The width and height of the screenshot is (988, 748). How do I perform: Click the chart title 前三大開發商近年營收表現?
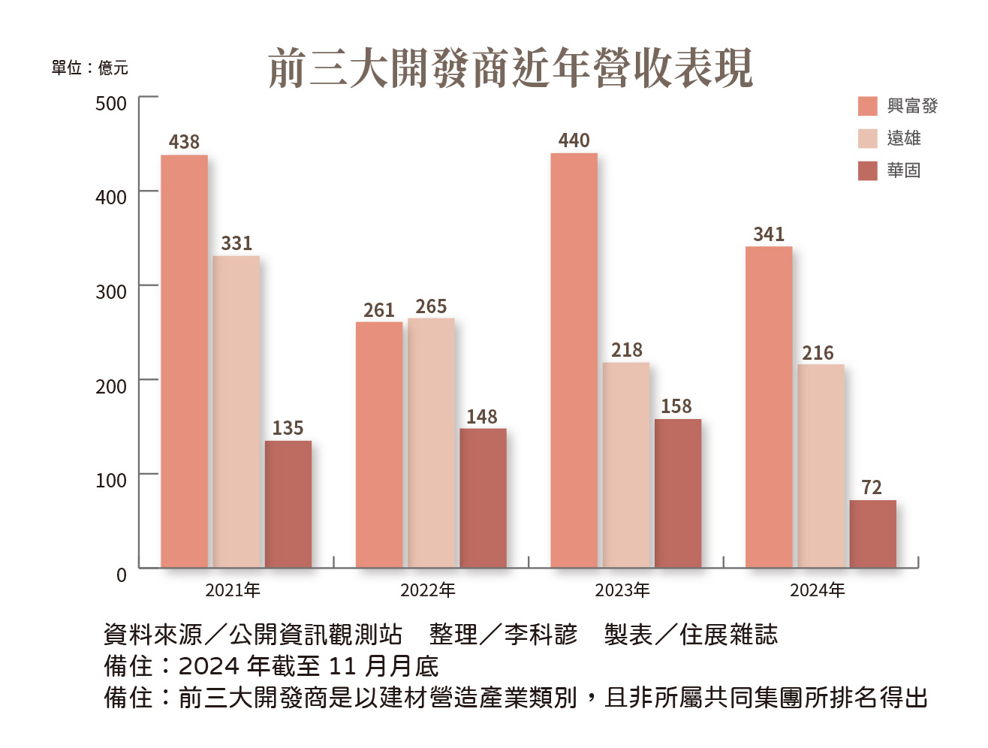(x=510, y=68)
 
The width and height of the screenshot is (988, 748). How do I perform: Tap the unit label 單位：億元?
(x=89, y=68)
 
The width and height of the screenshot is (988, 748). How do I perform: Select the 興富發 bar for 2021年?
(x=184, y=360)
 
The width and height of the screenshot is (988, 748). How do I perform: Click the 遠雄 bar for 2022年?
(x=431, y=442)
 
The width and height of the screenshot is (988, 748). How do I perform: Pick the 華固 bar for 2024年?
(x=872, y=533)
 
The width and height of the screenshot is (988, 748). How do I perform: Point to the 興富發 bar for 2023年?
(x=574, y=360)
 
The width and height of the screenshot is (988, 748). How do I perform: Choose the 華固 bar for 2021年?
(x=288, y=503)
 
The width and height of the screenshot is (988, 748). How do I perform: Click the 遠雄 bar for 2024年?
(x=821, y=466)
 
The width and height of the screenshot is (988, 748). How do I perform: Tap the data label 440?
(x=574, y=140)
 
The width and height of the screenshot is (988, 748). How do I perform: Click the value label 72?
(x=872, y=487)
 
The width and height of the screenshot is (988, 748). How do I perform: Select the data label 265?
(x=431, y=306)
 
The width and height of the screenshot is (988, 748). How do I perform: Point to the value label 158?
(x=676, y=406)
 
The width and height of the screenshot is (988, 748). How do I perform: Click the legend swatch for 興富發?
(x=867, y=106)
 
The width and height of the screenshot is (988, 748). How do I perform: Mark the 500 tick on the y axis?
(x=111, y=103)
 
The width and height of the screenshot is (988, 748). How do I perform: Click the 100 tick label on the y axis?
(x=111, y=480)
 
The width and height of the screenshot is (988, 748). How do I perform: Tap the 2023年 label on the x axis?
(x=622, y=590)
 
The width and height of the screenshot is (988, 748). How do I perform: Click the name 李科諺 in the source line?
(x=541, y=635)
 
